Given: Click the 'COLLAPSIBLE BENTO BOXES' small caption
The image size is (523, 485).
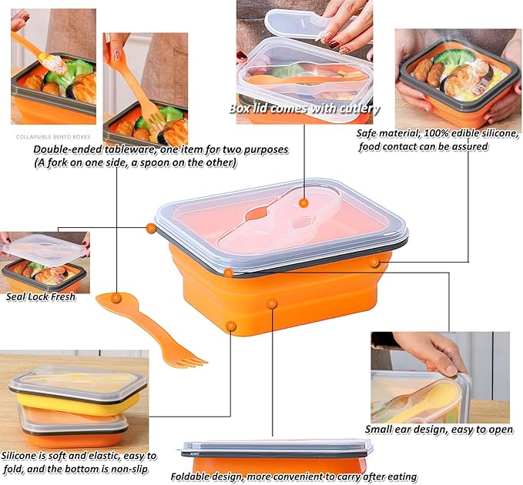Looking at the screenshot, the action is [53, 137].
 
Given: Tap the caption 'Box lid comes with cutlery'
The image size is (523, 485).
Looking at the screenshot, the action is [304, 109].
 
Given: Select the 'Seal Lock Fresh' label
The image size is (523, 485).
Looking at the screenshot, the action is [41, 296].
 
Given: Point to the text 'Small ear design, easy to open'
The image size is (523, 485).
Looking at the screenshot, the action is [439, 429].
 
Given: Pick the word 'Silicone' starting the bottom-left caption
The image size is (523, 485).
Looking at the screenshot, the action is [18, 455].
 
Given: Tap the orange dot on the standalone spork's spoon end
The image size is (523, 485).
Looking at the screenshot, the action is [116, 298].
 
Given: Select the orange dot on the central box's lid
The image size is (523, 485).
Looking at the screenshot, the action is [303, 202].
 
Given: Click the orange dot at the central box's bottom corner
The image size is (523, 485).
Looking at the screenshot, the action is [231, 326].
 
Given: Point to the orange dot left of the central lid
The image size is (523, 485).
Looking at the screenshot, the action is [151, 228].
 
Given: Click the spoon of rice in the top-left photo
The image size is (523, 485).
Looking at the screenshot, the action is [53, 63].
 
